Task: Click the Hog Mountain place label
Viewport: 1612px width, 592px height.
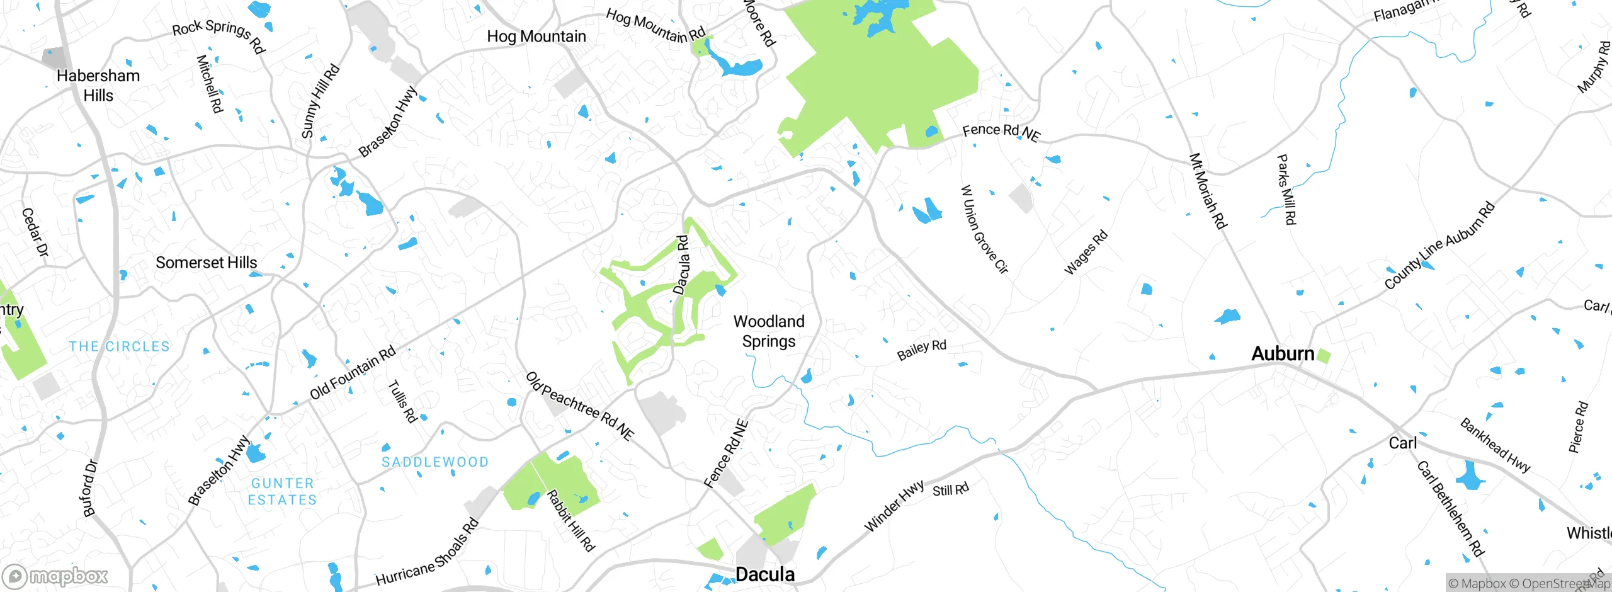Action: [x=536, y=37]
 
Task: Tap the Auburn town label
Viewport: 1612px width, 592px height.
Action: [x=1283, y=354]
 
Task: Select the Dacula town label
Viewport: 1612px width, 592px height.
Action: [x=765, y=574]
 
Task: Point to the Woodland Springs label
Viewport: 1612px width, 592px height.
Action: [x=769, y=331]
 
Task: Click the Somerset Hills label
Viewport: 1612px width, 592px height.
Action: [x=207, y=263]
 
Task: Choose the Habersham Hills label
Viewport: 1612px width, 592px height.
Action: [x=98, y=86]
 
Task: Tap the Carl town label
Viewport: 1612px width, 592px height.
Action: [x=1403, y=443]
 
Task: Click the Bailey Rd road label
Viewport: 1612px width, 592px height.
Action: [x=922, y=350]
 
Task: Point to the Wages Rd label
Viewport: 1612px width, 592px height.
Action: [x=1086, y=253]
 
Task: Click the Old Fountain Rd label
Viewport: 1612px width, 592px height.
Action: [x=353, y=372]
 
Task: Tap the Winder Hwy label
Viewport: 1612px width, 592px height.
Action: [x=894, y=506]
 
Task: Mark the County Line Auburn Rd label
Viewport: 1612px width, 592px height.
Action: [x=1439, y=245]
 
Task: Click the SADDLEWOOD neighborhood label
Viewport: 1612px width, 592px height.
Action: [x=435, y=462]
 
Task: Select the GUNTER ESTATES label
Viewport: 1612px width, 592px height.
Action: [x=282, y=492]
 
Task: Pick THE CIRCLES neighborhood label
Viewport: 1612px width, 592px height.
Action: [x=120, y=346]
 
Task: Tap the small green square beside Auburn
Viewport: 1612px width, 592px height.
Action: [x=1324, y=356]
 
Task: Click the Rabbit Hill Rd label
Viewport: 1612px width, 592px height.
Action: [x=571, y=521]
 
